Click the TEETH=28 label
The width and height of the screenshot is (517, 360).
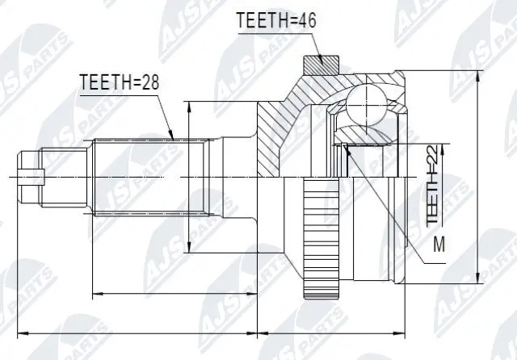113,82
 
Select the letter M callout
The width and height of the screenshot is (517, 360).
439,243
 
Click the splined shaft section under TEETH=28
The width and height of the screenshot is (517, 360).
149,175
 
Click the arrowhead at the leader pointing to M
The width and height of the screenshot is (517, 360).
345,146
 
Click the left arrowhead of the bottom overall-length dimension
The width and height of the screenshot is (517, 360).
19,331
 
